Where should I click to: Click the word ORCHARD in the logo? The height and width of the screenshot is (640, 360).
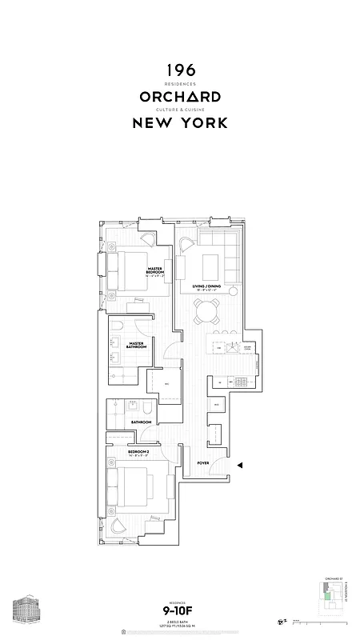(179, 97)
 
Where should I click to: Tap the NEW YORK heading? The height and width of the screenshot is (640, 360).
(179, 123)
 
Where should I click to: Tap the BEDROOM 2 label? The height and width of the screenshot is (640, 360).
(139, 452)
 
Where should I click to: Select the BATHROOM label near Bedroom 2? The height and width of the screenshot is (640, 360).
(142, 422)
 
